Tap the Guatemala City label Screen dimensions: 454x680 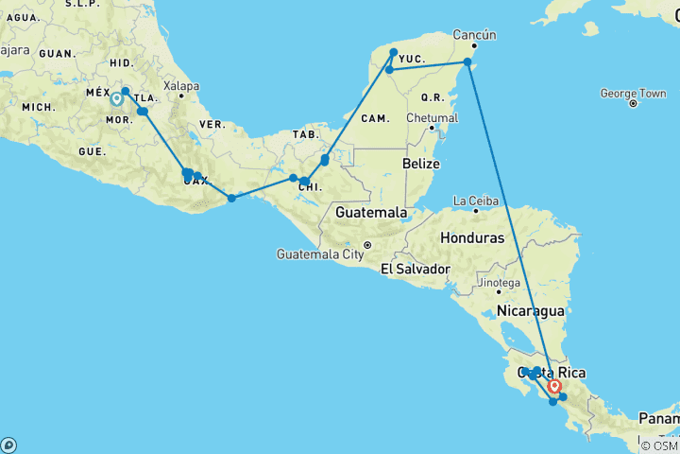click(320, 253)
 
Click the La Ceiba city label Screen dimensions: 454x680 click(474, 201)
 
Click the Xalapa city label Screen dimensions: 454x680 click(181, 86)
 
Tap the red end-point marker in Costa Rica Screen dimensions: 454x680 click(554, 386)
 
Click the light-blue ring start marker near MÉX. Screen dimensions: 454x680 click(116, 98)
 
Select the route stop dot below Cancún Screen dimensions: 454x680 click(467, 62)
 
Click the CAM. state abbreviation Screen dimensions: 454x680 click(376, 117)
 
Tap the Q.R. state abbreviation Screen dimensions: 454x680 click(433, 96)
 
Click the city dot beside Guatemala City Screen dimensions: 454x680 click(369, 246)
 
